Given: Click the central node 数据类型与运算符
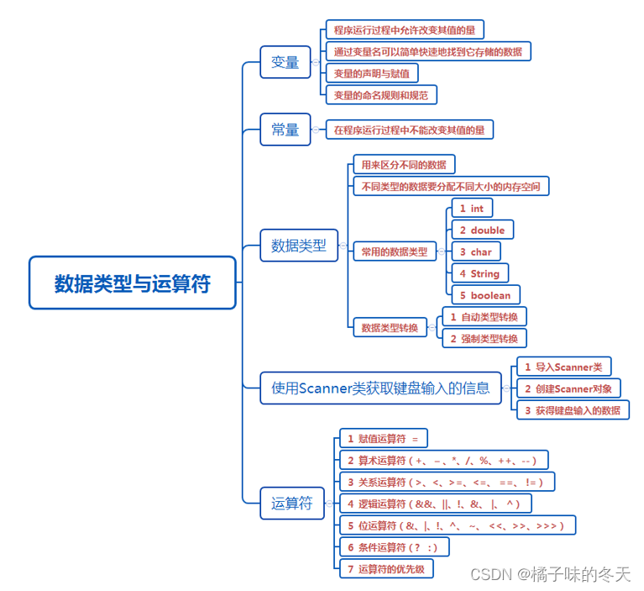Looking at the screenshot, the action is [x=133, y=283].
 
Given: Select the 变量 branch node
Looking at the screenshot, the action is [x=285, y=62].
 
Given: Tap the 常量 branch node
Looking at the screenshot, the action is [x=285, y=129].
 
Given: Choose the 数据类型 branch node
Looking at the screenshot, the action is [x=298, y=246].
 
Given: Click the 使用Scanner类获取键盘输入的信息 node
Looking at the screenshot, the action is [x=380, y=388].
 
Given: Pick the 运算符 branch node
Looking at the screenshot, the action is [x=291, y=504].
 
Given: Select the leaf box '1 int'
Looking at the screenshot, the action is [x=471, y=208].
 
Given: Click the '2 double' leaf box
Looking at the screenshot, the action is [x=482, y=230].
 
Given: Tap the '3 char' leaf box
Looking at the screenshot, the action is [x=475, y=251].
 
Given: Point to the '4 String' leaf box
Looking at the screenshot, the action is [x=479, y=273].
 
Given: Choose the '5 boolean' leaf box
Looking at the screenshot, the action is [x=485, y=295].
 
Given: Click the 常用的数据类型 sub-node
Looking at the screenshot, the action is [x=394, y=251].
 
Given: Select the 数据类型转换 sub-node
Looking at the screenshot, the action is [x=389, y=328].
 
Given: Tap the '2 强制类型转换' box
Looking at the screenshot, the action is [x=484, y=338].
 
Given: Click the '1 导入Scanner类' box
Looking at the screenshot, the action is [x=563, y=367].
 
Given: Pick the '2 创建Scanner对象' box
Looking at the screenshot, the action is [x=568, y=388].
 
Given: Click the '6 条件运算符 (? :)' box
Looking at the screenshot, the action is [x=392, y=547].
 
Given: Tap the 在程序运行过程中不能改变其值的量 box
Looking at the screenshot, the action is [x=409, y=130].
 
